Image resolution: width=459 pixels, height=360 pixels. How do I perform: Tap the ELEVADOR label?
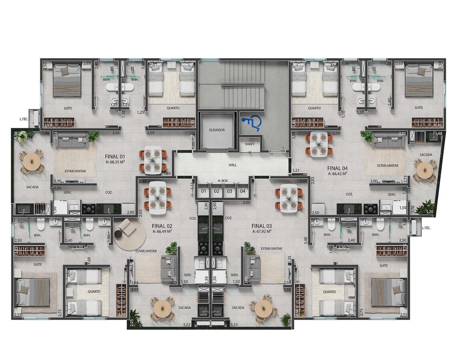[217, 130]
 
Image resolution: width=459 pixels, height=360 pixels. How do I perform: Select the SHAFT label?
[250, 144]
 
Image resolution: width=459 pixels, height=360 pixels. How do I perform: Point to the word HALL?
[233, 165]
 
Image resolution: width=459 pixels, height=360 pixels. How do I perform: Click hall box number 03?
[229, 191]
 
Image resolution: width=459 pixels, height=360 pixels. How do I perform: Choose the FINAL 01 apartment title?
[115, 157]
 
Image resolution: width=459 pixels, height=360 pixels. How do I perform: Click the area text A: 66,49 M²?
[162, 231]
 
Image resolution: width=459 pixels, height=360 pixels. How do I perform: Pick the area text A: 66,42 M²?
[337, 174]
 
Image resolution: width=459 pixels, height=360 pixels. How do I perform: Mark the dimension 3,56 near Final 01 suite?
[116, 133]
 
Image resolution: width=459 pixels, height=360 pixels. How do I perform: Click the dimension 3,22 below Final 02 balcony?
[186, 325]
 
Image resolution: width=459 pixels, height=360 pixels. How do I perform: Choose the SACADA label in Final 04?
[426, 155]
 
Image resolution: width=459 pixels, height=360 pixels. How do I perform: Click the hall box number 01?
[204, 191]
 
